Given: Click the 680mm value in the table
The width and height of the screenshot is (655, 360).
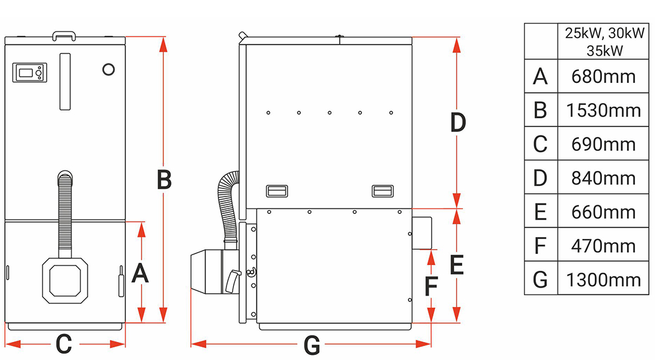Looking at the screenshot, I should pos(603,77).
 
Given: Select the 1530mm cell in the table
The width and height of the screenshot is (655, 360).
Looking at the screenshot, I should pos(603,110).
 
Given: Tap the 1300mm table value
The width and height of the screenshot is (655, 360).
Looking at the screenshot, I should pos(603,279).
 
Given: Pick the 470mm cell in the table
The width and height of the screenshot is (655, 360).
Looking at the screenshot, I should pos(603,245).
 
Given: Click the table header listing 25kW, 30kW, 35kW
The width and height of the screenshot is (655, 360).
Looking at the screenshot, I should pos(603,42).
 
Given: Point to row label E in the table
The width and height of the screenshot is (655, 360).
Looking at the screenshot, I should pos(540,212).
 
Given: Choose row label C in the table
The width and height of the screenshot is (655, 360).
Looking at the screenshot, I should pos(540,144).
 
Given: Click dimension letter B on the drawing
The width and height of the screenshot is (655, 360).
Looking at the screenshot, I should pos(163,180).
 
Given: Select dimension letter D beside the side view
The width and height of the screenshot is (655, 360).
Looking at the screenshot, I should pos(458,123).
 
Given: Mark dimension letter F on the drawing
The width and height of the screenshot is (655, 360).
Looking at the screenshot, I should pos(431,286).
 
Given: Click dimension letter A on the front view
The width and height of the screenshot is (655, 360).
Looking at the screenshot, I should pos(141,273).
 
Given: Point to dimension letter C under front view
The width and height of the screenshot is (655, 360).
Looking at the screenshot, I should pos(64,344).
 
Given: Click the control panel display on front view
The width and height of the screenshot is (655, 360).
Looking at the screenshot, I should pos(29,72).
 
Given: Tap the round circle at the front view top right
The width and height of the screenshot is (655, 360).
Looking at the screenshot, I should pos(109,69).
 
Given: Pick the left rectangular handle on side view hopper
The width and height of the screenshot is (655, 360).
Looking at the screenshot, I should pos(276,190).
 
